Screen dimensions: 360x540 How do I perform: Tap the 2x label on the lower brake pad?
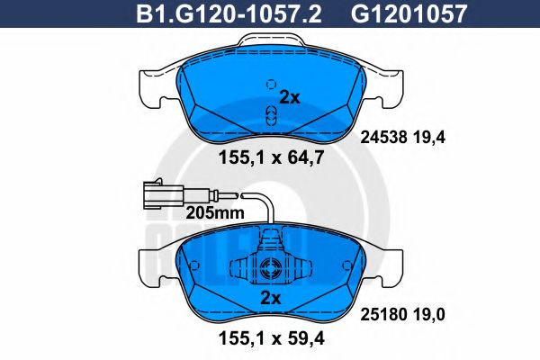click(269, 298)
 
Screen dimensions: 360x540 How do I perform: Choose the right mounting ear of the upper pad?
click(384, 86)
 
